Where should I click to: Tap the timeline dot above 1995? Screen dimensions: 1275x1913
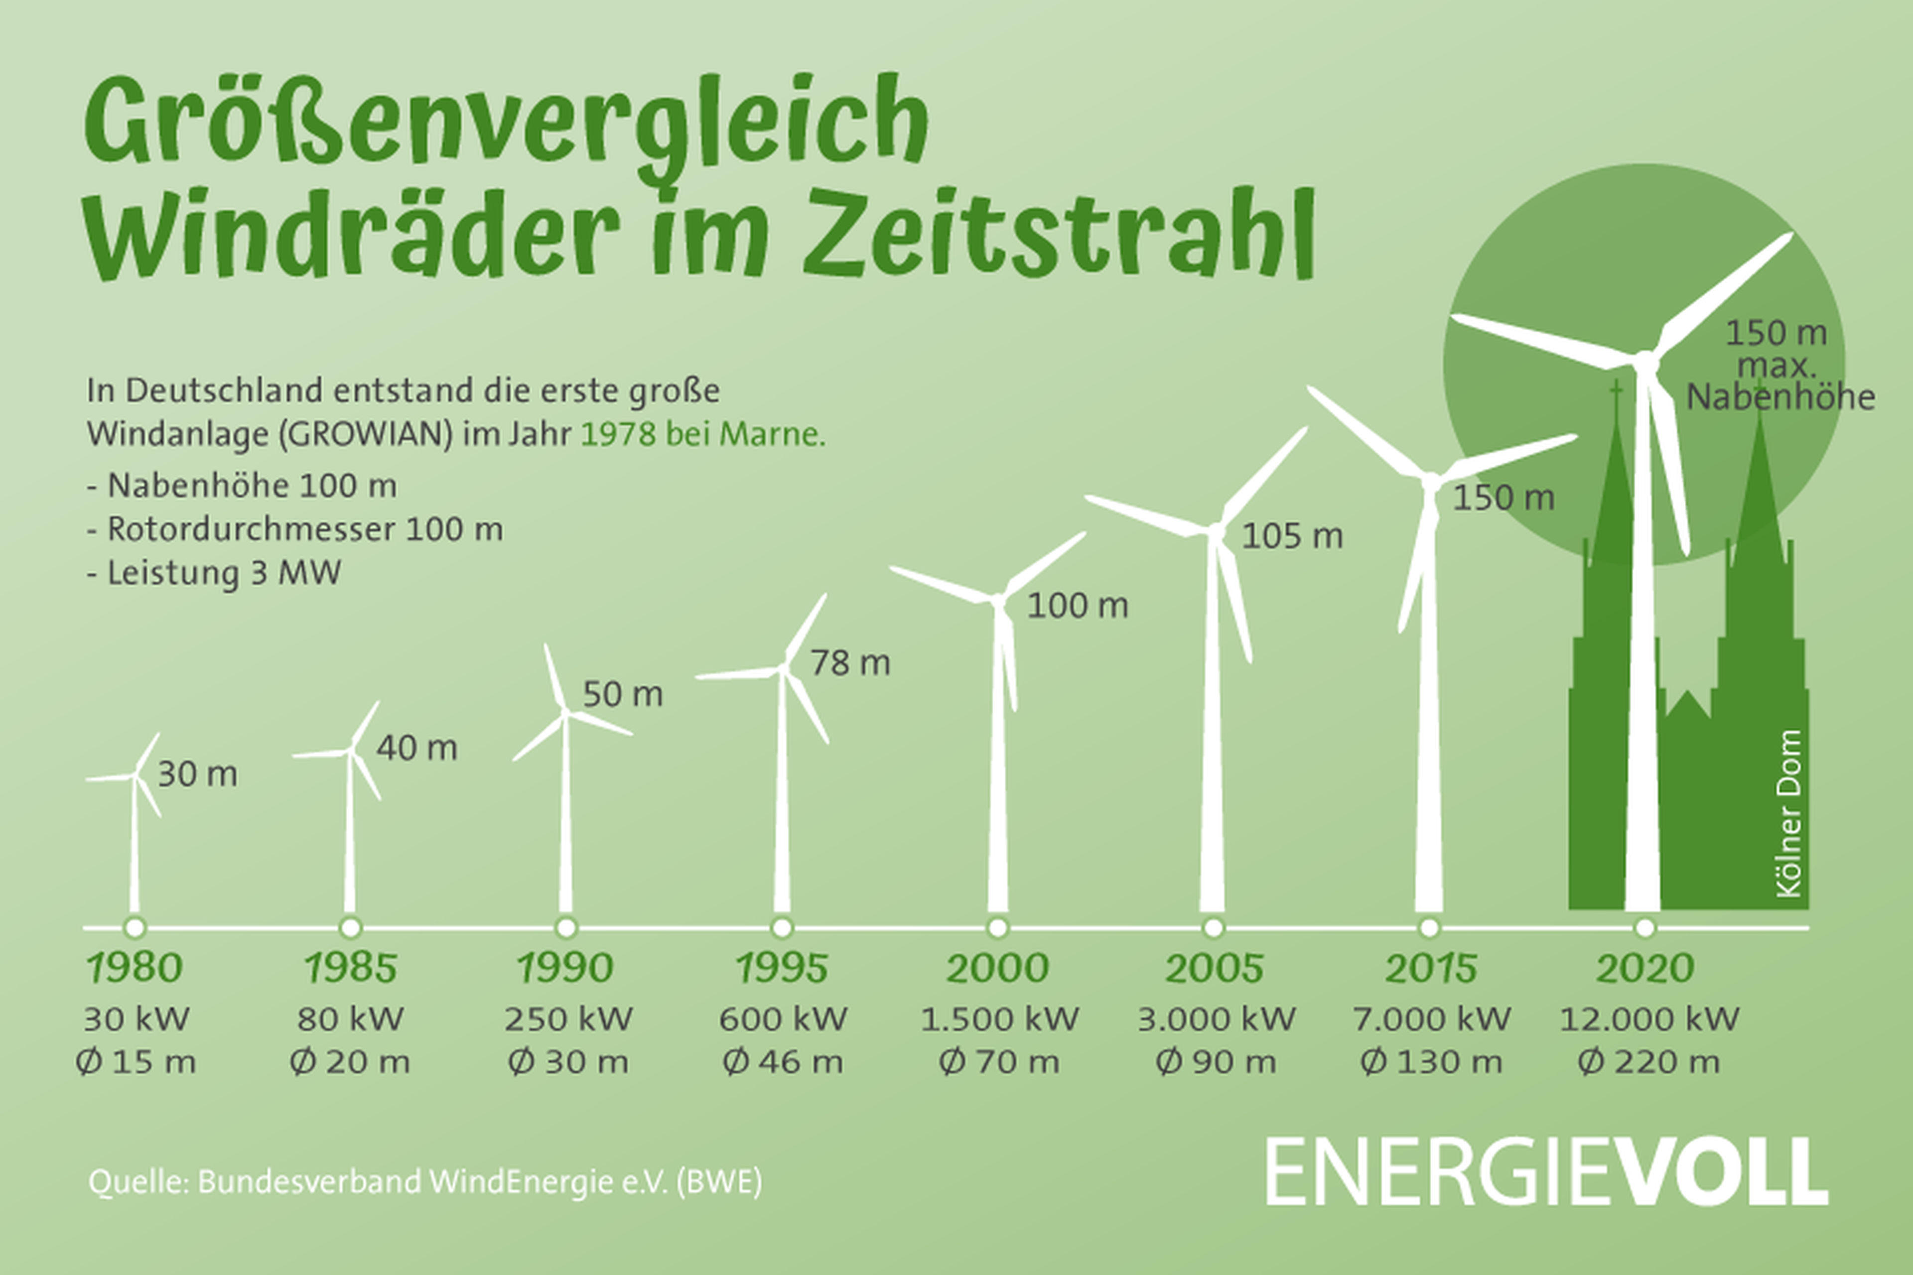(x=782, y=927)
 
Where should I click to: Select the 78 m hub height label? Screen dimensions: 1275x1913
(x=850, y=663)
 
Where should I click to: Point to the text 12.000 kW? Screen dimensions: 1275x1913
(x=1648, y=1019)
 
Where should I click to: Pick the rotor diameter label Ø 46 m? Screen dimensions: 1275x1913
(x=783, y=1062)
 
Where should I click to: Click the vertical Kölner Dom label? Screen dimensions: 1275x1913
(x=1790, y=814)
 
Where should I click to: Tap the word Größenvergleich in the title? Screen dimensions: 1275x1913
(x=504, y=122)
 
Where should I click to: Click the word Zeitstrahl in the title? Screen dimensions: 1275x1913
(x=1057, y=236)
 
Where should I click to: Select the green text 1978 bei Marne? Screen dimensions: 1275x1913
(x=703, y=434)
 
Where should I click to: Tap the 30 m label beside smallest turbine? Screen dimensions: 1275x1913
(x=197, y=774)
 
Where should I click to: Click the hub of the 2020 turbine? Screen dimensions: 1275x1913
(x=1645, y=361)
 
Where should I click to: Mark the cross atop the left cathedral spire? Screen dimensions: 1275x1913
(x=1616, y=391)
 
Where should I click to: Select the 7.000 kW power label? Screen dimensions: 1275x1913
(x=1431, y=1019)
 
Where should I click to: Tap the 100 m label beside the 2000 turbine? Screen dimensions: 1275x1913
(x=1078, y=606)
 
